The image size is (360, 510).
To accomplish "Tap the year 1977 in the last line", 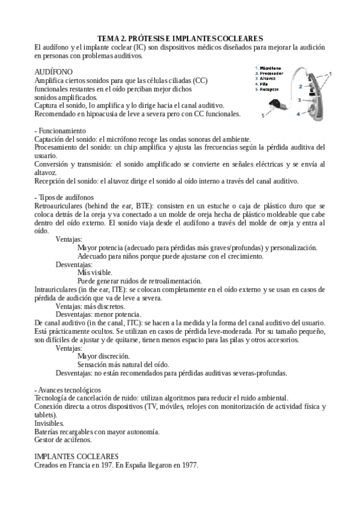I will point(189,466).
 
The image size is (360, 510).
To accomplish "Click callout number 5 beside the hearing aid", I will point(263,114).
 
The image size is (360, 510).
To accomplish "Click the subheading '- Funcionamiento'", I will point(60,131).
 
